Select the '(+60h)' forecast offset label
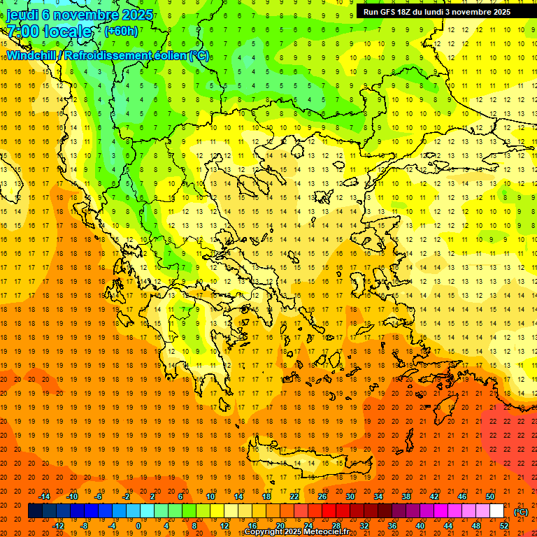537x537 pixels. click(121, 31)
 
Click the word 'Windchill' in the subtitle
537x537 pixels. click(33, 55)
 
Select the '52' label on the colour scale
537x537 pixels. click(504, 526)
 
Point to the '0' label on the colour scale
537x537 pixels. click(138, 526)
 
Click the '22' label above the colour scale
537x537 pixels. click(294, 496)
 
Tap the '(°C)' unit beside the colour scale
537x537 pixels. click(521, 512)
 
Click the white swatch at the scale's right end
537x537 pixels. click(497, 511)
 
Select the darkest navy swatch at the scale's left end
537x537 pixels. click(35, 511)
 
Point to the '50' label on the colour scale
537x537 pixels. click(490, 496)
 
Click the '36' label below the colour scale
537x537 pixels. click(392, 526)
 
